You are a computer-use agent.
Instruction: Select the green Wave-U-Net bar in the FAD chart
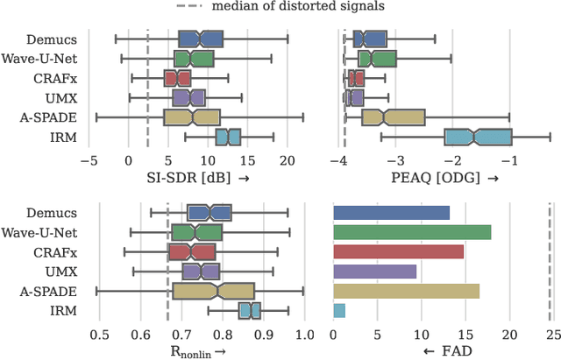(412, 232)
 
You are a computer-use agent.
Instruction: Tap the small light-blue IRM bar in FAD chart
(339, 311)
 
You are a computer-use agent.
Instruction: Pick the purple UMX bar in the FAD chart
(375, 272)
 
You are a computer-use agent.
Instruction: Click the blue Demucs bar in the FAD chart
(391, 213)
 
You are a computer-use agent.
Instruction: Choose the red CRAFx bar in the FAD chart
(398, 252)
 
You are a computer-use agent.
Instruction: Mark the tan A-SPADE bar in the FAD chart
(406, 291)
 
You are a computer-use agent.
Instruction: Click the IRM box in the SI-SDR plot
(228, 138)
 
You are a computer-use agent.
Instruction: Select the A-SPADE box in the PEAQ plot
(393, 117)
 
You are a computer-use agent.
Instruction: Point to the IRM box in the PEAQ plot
(478, 138)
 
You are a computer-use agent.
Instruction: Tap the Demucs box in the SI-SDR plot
(201, 39)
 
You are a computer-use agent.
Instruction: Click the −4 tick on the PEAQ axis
(338, 160)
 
